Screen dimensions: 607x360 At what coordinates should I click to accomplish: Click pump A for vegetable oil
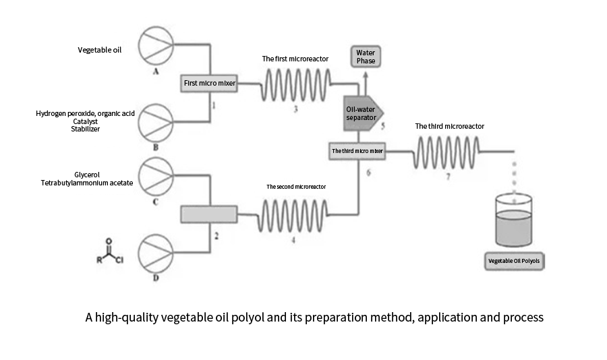click(x=156, y=45)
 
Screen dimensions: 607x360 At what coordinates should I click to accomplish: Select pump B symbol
click(x=156, y=123)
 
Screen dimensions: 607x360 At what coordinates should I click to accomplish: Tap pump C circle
click(x=156, y=177)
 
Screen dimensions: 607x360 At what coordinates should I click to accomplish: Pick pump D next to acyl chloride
click(x=156, y=253)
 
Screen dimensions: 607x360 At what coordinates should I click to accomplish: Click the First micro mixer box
click(x=209, y=83)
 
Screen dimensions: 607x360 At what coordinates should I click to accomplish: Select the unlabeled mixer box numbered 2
click(x=209, y=214)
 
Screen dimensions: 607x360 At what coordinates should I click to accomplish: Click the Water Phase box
click(x=366, y=57)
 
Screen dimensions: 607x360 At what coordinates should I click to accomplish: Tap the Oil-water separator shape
click(x=363, y=113)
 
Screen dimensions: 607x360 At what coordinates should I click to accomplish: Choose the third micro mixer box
click(x=357, y=151)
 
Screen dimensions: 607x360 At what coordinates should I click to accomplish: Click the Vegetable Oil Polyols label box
click(x=514, y=261)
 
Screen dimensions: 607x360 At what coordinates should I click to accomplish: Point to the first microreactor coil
click(x=296, y=85)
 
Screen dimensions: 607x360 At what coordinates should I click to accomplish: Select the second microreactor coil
click(x=293, y=216)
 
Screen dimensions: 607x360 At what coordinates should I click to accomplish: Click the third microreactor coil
click(x=446, y=152)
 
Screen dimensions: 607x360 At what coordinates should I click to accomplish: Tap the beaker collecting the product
click(x=514, y=220)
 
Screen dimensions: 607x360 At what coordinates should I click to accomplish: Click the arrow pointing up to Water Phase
click(x=366, y=83)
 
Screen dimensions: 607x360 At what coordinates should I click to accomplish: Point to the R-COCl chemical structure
click(x=109, y=251)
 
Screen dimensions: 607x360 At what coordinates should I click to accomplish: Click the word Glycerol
click(x=87, y=175)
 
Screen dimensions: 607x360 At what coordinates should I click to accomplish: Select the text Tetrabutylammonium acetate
click(x=87, y=183)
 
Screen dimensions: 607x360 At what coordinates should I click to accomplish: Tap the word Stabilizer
click(x=85, y=129)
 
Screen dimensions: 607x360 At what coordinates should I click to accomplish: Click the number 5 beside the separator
click(x=383, y=126)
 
